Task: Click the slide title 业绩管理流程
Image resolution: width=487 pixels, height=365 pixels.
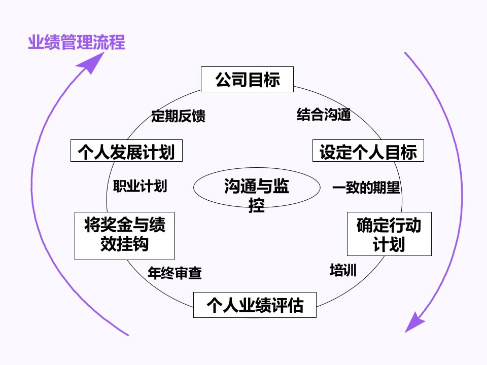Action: coord(76,43)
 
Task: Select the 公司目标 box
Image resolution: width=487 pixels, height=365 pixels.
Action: coord(247,80)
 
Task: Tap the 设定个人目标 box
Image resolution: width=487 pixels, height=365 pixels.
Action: coord(368,152)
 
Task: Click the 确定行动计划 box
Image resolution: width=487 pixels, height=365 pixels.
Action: coord(389,234)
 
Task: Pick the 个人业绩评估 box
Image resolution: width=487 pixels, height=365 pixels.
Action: coord(255,305)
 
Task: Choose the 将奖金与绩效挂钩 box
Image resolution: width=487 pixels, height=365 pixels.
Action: coord(125,235)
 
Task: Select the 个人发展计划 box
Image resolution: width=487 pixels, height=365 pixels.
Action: coord(126,152)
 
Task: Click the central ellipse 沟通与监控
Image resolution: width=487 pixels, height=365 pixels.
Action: coord(257,188)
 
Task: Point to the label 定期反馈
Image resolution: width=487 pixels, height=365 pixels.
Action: coord(178,116)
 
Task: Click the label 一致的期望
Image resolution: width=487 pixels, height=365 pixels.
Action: coord(366,188)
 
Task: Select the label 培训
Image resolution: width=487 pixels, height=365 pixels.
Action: coord(343,270)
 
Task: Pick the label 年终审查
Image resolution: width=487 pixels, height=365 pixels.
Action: coord(175,274)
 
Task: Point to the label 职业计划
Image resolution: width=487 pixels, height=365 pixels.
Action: coord(140,186)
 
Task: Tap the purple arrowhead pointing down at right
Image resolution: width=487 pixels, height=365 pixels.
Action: coord(415,322)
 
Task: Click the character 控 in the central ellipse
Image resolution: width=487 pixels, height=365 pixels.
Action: coord(257,205)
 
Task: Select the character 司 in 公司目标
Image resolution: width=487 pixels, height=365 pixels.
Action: coord(239,80)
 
